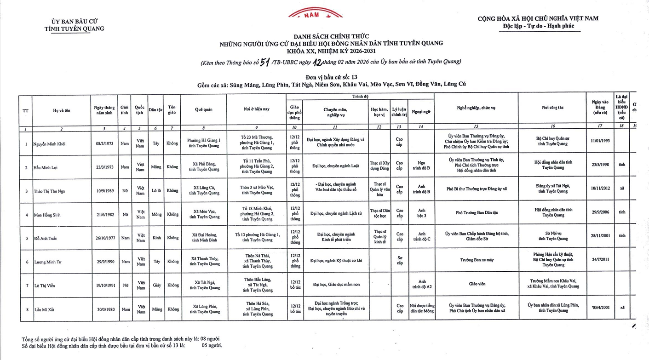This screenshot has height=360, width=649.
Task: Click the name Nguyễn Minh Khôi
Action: [x=49, y=144]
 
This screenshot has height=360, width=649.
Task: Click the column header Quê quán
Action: [x=203, y=110]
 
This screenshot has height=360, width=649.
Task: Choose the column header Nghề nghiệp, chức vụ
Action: [x=476, y=108]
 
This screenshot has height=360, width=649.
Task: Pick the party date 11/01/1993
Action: [x=600, y=141]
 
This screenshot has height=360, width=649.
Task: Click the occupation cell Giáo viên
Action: [x=477, y=284]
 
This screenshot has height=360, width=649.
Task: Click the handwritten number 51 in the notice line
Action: [x=264, y=63]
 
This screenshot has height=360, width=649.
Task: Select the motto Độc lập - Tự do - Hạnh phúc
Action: [x=539, y=26]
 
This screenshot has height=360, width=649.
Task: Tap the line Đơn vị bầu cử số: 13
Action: [x=331, y=77]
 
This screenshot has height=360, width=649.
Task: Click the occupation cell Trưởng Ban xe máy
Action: [x=477, y=260]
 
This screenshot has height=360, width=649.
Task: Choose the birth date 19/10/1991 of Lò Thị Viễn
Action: [x=105, y=286]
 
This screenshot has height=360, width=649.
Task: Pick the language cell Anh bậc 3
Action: [x=422, y=213]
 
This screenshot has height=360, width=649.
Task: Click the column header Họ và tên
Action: [x=62, y=110]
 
